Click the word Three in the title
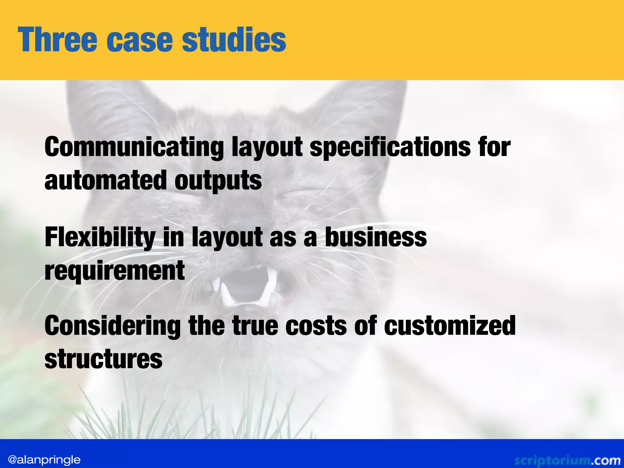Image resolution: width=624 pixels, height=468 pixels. click(x=57, y=40)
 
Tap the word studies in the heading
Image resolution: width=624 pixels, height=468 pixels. click(x=234, y=40)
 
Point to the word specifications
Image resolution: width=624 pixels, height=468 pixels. click(x=390, y=147)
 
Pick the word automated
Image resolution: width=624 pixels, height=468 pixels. click(x=105, y=180)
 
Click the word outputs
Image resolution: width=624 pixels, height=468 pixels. click(x=218, y=180)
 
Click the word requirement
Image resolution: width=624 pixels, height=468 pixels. click(x=115, y=271)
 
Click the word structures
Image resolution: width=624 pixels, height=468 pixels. click(x=104, y=359)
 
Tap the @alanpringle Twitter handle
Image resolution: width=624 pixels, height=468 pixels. click(x=44, y=459)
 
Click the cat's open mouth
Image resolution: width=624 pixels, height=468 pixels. click(x=244, y=286)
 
